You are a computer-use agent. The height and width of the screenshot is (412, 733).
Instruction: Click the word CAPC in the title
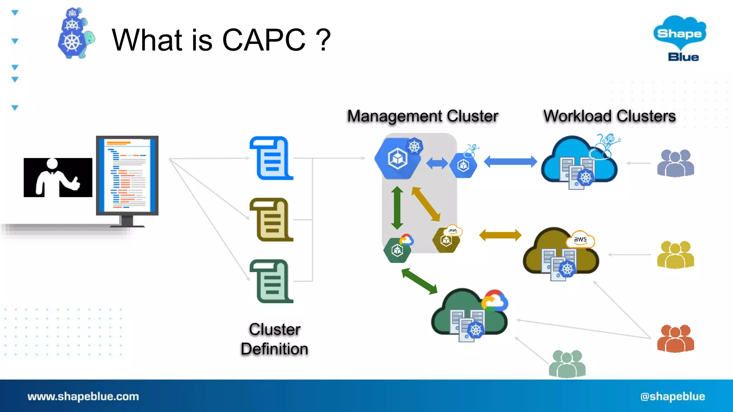[264, 40]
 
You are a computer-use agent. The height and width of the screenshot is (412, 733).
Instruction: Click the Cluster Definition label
[275, 339]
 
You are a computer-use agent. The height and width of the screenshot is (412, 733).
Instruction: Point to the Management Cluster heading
[423, 116]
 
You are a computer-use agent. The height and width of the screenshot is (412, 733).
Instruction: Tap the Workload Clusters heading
[610, 116]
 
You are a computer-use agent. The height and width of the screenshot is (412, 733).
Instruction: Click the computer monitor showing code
[127, 177]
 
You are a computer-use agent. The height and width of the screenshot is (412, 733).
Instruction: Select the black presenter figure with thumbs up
[58, 178]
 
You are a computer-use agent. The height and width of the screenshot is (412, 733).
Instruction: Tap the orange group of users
[675, 339]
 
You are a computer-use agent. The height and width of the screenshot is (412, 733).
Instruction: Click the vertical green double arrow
[397, 208]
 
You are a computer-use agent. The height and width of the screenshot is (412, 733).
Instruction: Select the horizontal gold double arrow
[500, 235]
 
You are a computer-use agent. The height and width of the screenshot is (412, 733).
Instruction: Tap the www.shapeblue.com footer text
[83, 396]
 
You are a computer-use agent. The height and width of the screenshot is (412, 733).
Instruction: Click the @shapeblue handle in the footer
[673, 396]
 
